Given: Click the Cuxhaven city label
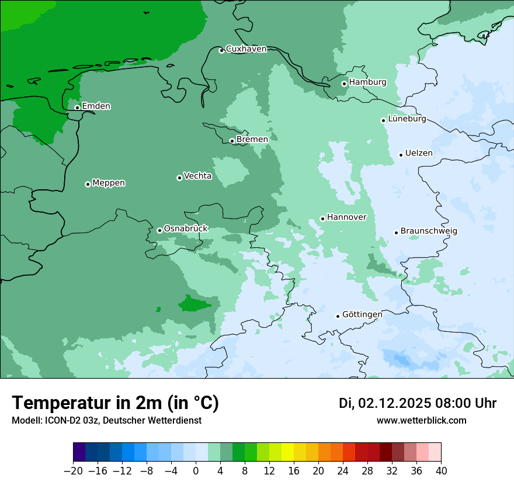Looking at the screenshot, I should pyautogui.click(x=246, y=49).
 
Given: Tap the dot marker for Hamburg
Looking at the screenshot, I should pyautogui.click(x=345, y=84).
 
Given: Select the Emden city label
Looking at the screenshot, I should pyautogui.click(x=96, y=106).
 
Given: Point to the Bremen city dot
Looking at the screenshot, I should pyautogui.click(x=232, y=141).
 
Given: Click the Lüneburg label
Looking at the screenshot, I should pyautogui.click(x=407, y=119).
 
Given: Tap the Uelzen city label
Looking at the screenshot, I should pyautogui.click(x=419, y=154).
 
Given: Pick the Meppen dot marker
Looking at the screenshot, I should pyautogui.click(x=88, y=184).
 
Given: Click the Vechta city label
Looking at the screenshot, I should pyautogui.click(x=198, y=176).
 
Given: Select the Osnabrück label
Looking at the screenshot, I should pyautogui.click(x=186, y=228).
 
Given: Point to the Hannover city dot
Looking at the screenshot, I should pyautogui.click(x=322, y=219).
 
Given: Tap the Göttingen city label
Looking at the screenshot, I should pyautogui.click(x=362, y=314).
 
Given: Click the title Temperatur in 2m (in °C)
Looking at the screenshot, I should pyautogui.click(x=115, y=403).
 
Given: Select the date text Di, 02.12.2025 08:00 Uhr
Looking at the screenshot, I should pyautogui.click(x=418, y=403).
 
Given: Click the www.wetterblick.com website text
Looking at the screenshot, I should pyautogui.click(x=421, y=420).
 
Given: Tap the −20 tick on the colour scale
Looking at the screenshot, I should pyautogui.click(x=73, y=471).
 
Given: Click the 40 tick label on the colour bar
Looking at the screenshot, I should pyautogui.click(x=441, y=471).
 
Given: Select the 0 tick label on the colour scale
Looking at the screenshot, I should pyautogui.click(x=196, y=471).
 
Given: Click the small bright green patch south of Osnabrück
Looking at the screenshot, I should pyautogui.click(x=194, y=304).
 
